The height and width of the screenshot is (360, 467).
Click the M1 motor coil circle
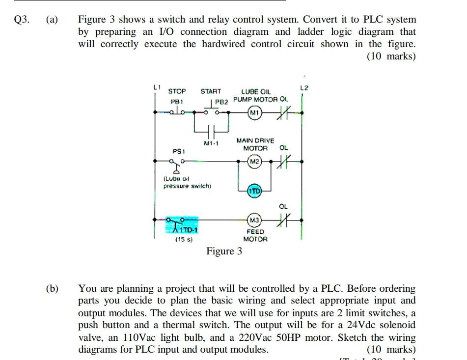[254, 113]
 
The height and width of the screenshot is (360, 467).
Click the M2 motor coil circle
[254, 161]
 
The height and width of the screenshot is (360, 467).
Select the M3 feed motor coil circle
[254, 219]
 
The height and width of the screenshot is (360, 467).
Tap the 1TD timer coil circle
[254, 191]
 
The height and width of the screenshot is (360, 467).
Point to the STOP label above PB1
[177, 91]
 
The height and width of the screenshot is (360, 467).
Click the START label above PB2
[211, 91]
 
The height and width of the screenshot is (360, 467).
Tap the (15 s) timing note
[184, 240]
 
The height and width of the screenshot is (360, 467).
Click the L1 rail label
[157, 87]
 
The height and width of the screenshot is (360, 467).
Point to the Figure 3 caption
[224, 251]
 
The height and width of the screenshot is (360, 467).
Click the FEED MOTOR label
[255, 235]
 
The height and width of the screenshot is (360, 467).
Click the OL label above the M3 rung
[283, 206]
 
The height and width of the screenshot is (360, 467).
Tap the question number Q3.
[22, 20]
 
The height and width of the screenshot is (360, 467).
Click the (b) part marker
[52, 288]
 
